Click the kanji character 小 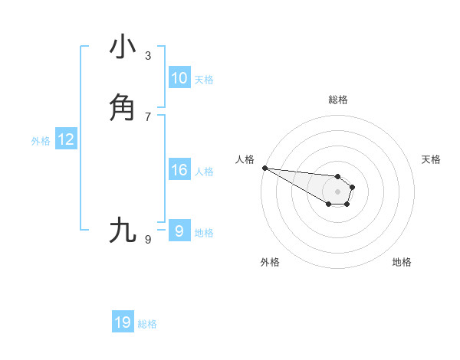click(123, 47)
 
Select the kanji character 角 click(123, 107)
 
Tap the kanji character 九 click(123, 231)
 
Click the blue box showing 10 click(179, 78)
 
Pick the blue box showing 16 click(179, 170)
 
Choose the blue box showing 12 click(66, 139)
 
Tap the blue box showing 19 click(123, 323)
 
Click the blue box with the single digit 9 click(179, 231)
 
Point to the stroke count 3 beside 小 click(148, 56)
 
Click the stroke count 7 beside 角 click(148, 116)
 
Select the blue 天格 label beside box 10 click(204, 80)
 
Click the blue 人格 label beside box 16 click(204, 172)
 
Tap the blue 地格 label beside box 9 click(204, 233)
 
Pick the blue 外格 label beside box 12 click(41, 141)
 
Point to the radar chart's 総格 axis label click(338, 100)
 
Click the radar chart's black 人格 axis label click(245, 159)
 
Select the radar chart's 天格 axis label click(431, 159)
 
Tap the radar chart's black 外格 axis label click(270, 262)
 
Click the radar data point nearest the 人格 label click(264, 168)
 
